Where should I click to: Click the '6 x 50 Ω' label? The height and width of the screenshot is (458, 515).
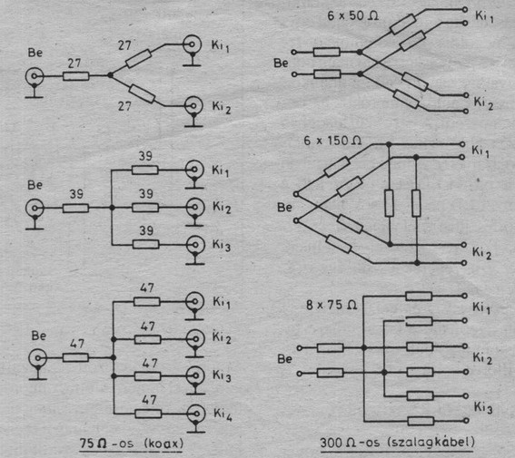pos(352,15)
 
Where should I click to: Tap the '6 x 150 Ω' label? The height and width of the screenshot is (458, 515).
pos(332,141)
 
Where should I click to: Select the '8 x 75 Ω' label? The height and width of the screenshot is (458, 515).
pos(332,306)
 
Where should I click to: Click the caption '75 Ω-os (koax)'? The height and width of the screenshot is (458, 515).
pos(132,443)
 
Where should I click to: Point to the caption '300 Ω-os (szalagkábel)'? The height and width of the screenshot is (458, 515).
pos(398,443)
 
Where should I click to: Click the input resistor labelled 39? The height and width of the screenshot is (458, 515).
pos(75,209)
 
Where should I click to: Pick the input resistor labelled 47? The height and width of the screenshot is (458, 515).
pos(75,357)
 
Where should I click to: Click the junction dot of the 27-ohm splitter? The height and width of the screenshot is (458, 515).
pos(110,75)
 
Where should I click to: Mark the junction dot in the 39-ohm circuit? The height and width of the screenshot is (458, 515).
pos(112,208)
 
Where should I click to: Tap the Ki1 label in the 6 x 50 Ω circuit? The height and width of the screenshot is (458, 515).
pos(484,16)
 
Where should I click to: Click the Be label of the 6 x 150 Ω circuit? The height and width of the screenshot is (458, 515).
pos(284,207)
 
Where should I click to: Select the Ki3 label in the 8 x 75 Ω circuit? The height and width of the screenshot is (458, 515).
pos(483,407)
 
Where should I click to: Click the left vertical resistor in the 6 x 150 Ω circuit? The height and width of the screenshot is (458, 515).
pos(390,203)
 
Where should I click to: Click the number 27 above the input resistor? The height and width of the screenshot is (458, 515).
pos(74,63)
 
